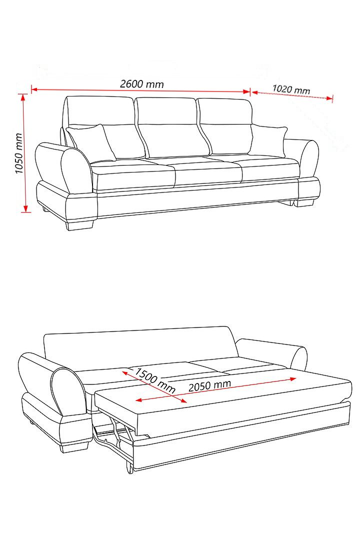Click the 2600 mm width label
[x=141, y=83]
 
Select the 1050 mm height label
[x=19, y=153]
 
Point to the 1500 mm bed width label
[x=154, y=380]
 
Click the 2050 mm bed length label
[x=209, y=385]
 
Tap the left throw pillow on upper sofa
[x=91, y=142]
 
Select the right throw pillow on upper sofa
[x=268, y=141]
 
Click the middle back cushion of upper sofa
[x=171, y=127]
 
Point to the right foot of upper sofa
[x=303, y=202]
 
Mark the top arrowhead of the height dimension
[x=23, y=97]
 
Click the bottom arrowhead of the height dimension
[x=25, y=208]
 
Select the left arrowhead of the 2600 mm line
[x=34, y=89]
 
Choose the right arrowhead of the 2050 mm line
[x=293, y=379]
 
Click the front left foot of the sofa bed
[x=74, y=447]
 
